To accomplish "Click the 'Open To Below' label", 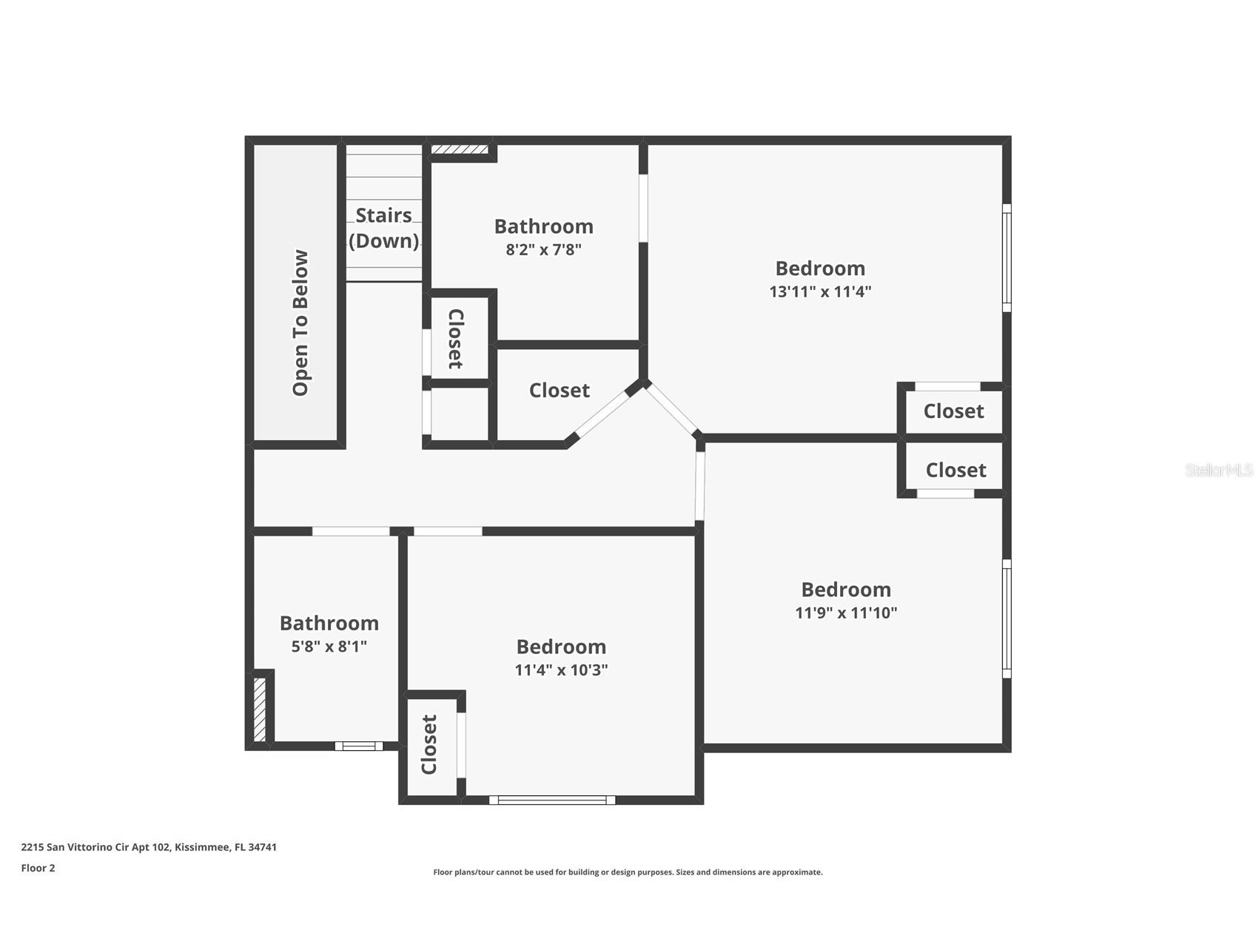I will point(300,323).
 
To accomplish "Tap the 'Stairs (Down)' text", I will point(383,228).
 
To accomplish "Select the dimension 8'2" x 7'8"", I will point(543,249).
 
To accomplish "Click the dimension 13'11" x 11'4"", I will point(820,291).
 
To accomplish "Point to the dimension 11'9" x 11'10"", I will point(846,613).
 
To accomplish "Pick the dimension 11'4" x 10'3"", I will point(561,670).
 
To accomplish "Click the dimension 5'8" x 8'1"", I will point(329,647).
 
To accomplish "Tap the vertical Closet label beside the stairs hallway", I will point(456,339).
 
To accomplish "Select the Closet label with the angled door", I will point(559,391).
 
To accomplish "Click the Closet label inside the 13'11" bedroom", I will point(953,411).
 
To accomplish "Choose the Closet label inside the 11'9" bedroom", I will point(956,470).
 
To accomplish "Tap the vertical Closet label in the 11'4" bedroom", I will point(429,744).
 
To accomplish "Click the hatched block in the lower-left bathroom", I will point(260,709).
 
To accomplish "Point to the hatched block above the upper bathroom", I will point(460,149).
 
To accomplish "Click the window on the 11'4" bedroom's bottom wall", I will point(551,800).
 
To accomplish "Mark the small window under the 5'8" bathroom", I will point(359,746).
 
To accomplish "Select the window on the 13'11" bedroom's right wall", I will point(1007,257).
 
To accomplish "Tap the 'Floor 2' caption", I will point(38,868).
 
